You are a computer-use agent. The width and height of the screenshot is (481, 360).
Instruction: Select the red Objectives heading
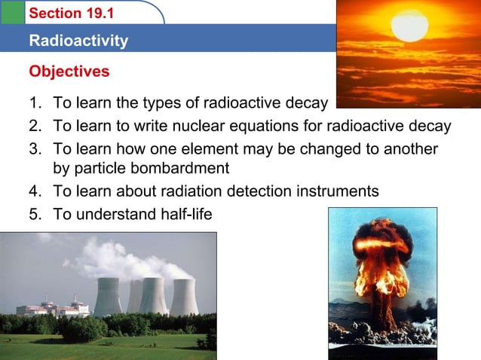pos(69,72)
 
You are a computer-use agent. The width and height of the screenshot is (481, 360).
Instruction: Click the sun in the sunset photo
pos(409,24)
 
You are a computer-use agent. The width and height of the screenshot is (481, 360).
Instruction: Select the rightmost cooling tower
pos(183,297)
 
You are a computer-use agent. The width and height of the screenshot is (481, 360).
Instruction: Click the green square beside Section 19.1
pos(11,13)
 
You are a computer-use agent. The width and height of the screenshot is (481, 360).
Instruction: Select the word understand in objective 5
pos(115,215)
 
